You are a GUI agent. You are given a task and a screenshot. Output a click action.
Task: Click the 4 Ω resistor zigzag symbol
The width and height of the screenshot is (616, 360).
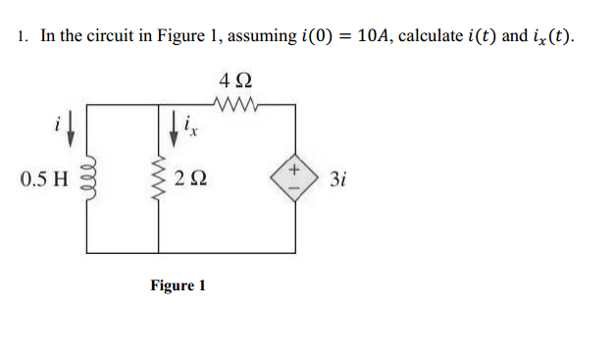coord(238,100)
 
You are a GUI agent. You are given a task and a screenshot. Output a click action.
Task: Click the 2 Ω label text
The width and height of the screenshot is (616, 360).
coord(187,179)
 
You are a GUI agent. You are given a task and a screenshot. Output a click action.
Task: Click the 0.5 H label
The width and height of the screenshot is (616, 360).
coord(43,179)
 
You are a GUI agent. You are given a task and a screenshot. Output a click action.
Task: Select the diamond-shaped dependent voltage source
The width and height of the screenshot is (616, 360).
coord(294,179)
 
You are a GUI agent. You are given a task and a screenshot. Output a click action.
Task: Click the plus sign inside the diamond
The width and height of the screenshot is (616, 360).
coord(294,169)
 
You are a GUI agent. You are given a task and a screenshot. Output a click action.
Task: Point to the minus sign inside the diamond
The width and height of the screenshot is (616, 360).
coord(294,189)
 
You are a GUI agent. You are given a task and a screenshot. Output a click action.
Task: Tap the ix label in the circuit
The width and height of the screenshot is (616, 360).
coord(190,128)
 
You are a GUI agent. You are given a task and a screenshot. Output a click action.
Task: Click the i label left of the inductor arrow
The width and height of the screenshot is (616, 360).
coord(58,123)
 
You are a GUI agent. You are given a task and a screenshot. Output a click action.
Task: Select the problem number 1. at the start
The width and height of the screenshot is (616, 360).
coord(22,37)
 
